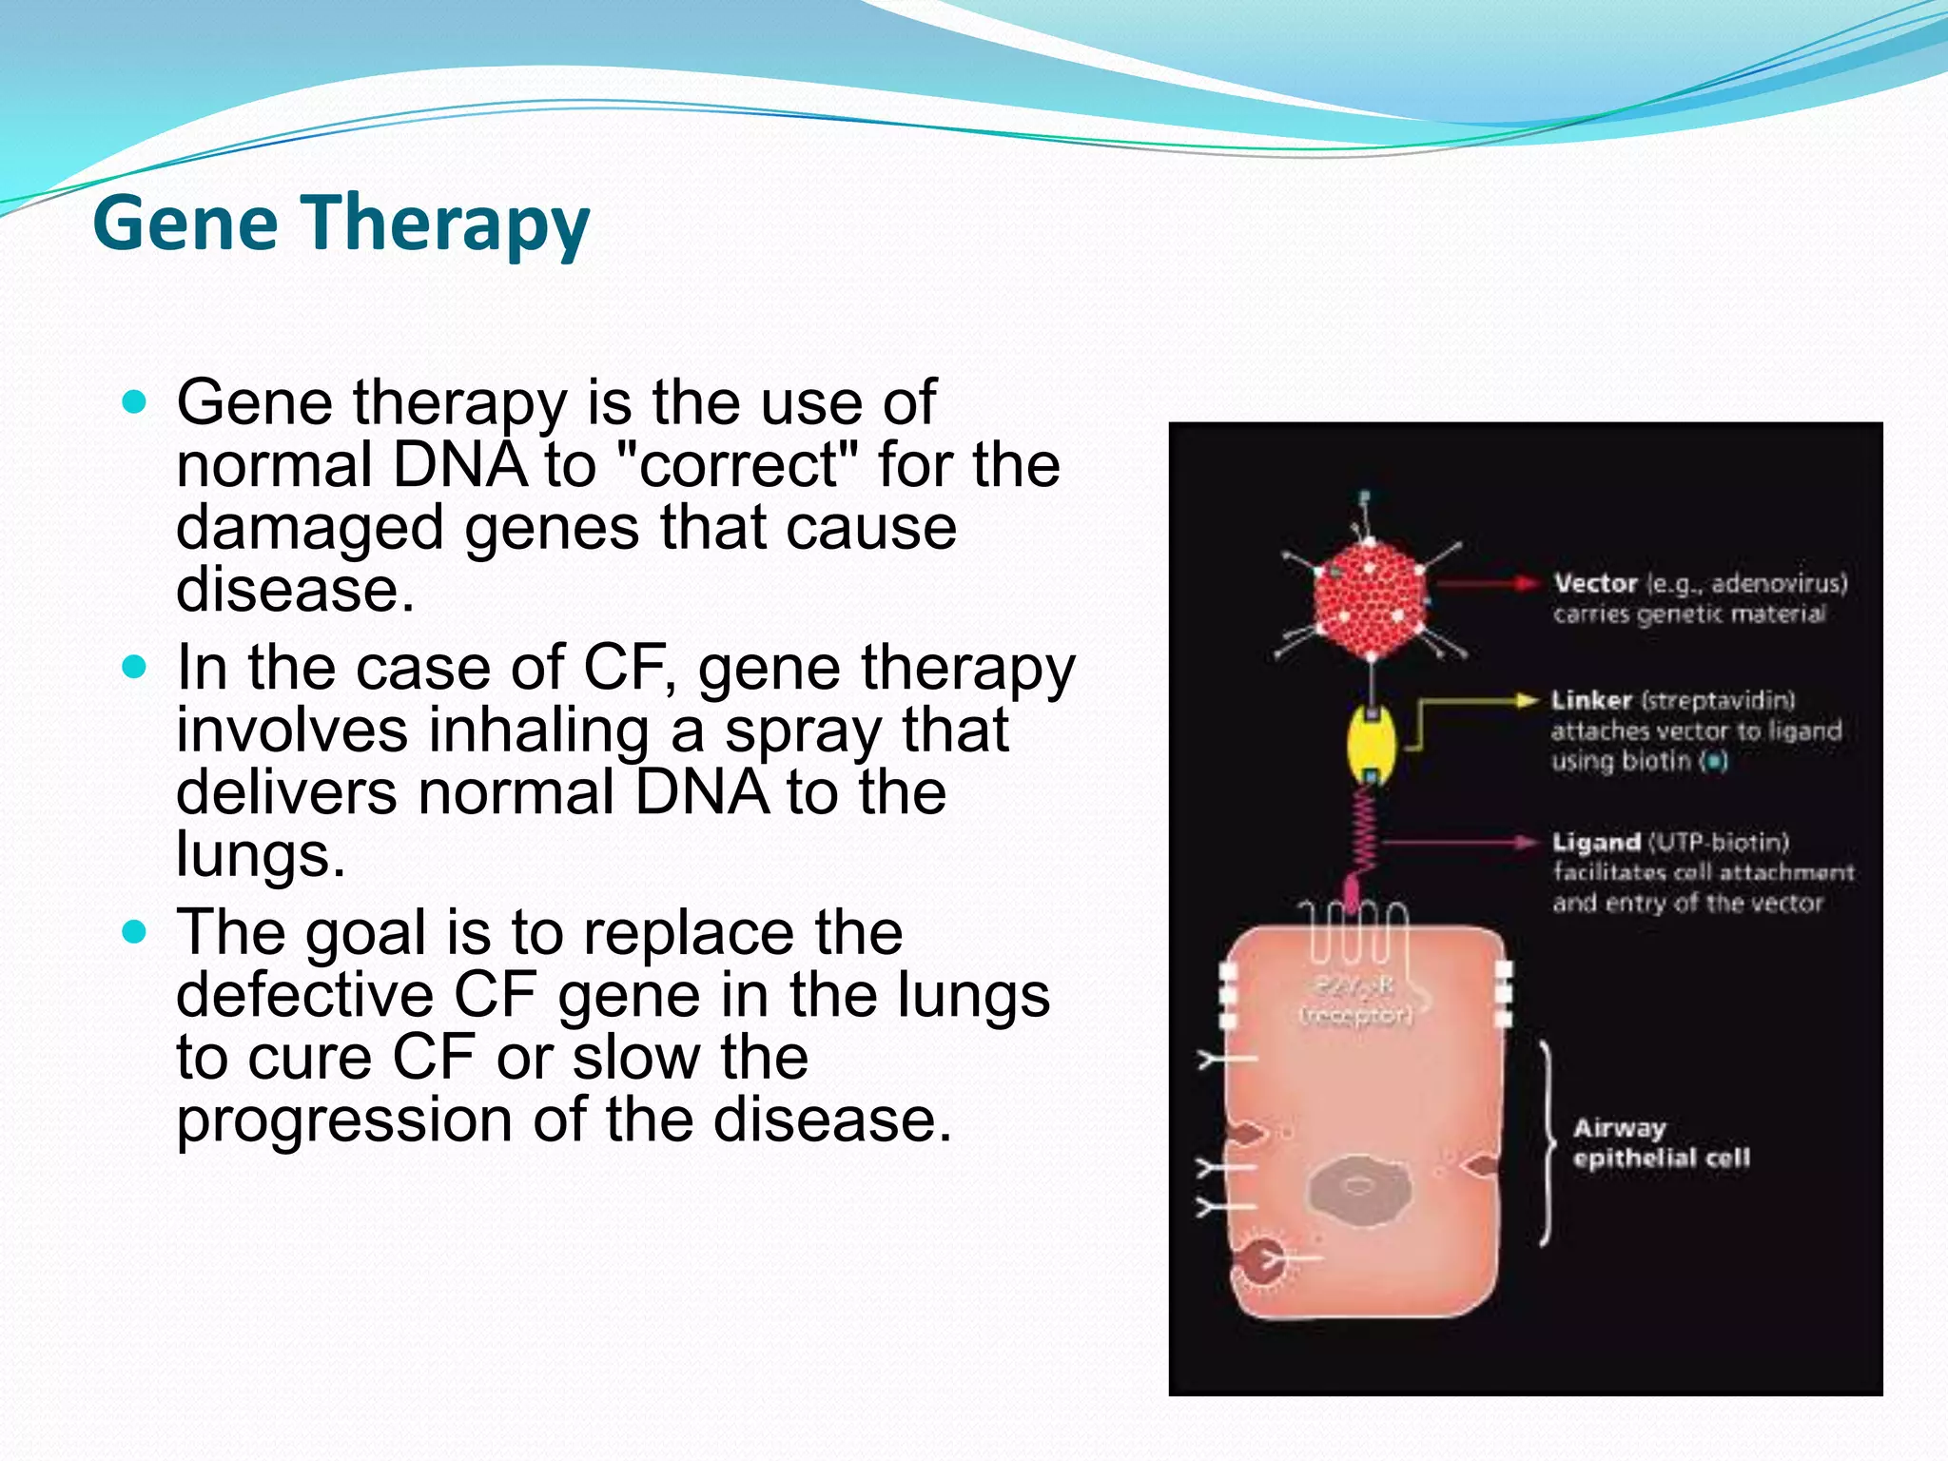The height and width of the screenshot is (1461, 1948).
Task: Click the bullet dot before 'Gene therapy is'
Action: (135, 402)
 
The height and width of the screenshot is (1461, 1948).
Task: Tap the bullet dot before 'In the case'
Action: (135, 667)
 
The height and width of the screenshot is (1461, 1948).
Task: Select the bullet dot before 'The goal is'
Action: (135, 931)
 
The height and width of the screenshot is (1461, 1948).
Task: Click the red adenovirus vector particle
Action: (1370, 599)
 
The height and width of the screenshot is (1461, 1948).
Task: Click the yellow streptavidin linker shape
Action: (1371, 743)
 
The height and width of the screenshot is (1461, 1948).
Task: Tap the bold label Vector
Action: (1595, 583)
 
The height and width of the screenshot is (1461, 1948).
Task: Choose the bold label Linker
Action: (1590, 700)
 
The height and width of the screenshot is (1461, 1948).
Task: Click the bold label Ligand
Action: (1595, 842)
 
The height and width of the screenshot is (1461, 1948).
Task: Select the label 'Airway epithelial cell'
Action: (1660, 1142)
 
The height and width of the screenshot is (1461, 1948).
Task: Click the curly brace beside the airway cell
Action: (1547, 1142)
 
